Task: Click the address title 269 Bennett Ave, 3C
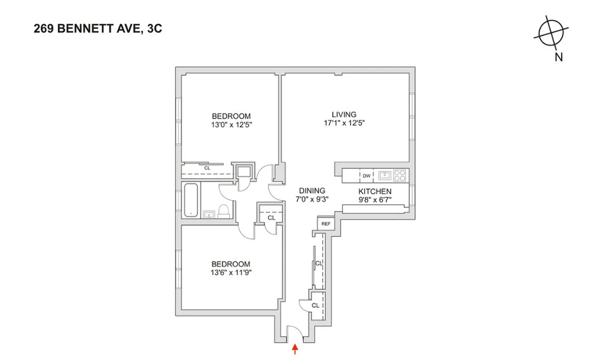[x=97, y=30]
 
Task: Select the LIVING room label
[x=344, y=114]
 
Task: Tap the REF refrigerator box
[x=326, y=224]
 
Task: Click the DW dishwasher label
[x=367, y=175]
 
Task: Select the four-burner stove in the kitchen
[x=400, y=175]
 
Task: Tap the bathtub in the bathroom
[x=190, y=200]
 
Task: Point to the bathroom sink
[x=208, y=214]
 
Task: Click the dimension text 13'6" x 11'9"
[x=231, y=272]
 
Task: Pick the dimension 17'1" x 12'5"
[x=344, y=123]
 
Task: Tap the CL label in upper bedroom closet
[x=207, y=168]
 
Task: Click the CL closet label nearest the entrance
[x=315, y=305]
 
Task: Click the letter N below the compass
[x=559, y=57]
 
